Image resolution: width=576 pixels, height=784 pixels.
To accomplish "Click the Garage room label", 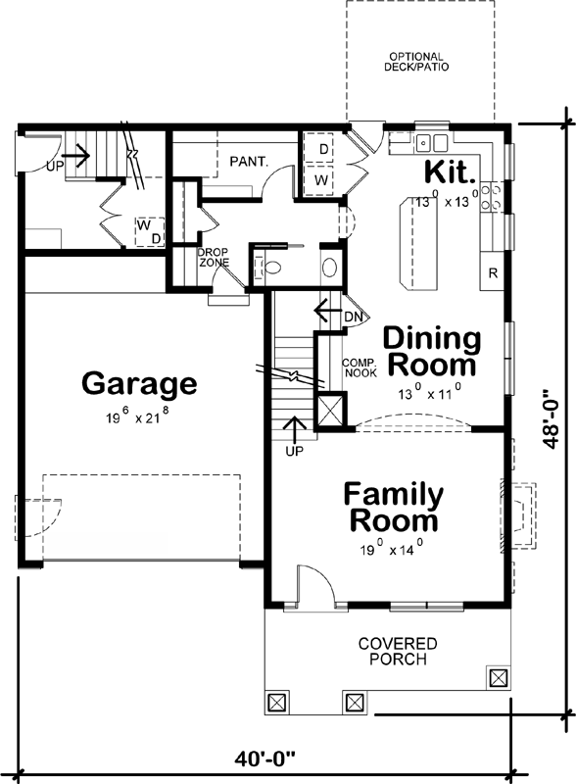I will click(139, 382).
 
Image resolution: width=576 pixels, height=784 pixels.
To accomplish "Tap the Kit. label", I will click(450, 172).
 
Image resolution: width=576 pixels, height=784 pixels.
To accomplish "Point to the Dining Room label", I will click(432, 353).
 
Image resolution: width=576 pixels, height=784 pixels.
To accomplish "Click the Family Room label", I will click(392, 507).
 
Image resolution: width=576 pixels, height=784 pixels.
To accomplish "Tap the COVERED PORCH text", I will click(398, 651).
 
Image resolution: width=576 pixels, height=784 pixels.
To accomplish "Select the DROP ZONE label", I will click(214, 257).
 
